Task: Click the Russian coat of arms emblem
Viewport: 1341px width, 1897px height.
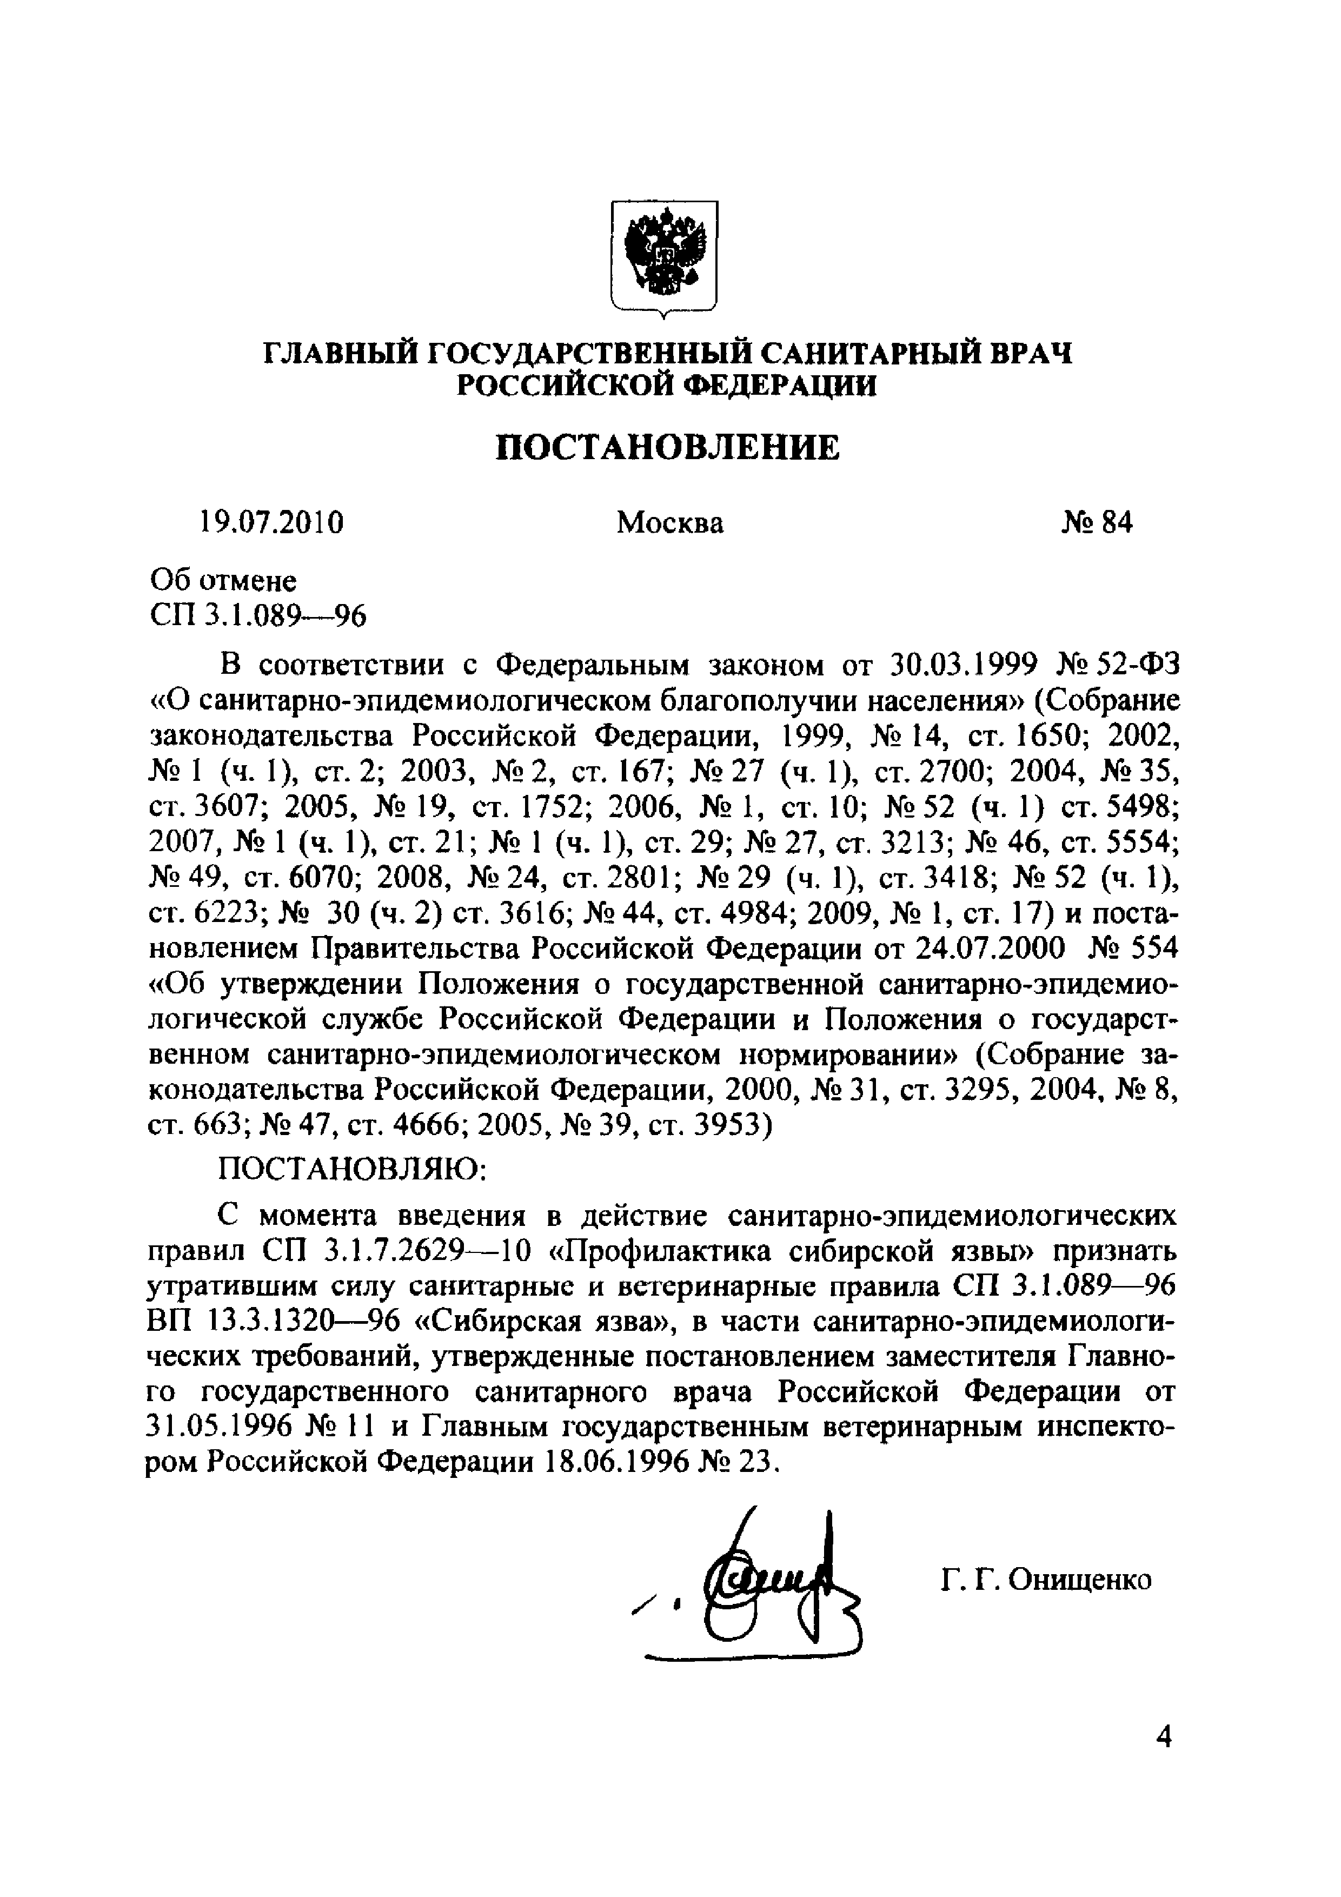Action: coord(663,256)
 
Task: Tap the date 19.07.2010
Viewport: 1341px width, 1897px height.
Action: coord(270,523)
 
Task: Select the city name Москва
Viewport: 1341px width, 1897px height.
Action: coord(670,523)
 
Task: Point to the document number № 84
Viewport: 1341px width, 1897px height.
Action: coord(1097,523)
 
